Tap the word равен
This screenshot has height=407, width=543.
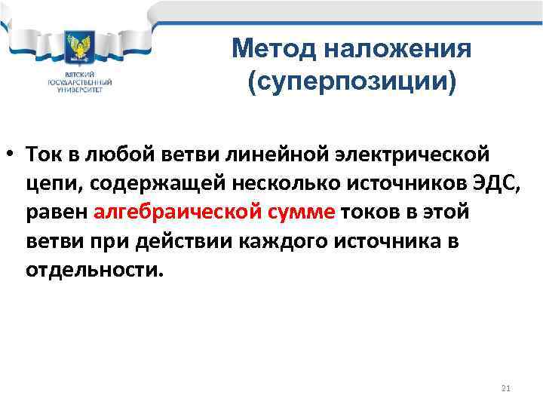[57, 213]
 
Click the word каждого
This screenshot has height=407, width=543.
[277, 241]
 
